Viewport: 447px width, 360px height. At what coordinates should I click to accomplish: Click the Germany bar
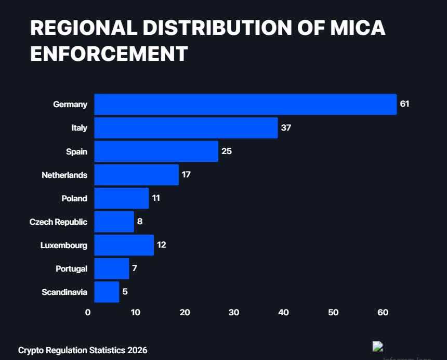245,105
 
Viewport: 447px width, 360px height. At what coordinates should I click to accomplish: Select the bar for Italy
186,128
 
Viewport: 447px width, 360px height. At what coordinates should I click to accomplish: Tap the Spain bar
156,151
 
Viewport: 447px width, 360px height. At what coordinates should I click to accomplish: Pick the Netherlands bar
136,175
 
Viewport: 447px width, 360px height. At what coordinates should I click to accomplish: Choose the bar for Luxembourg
124,245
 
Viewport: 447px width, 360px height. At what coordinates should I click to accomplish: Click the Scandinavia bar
107,292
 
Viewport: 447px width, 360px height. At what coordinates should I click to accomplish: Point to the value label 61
404,104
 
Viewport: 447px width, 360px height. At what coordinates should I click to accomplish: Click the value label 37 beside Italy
286,128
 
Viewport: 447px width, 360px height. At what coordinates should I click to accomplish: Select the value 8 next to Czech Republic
140,222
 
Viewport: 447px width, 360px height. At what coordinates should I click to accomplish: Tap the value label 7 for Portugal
135,268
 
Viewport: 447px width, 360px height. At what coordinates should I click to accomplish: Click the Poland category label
74,198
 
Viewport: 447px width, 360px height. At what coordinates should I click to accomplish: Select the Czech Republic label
58,222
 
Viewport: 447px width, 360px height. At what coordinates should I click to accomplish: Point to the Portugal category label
71,268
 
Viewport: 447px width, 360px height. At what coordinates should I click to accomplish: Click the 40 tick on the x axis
283,313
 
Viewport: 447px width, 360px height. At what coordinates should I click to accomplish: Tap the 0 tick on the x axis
88,313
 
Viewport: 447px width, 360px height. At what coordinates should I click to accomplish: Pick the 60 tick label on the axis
383,313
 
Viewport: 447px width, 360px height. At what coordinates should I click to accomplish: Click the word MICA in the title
358,28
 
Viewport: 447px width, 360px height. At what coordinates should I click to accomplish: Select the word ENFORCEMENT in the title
109,54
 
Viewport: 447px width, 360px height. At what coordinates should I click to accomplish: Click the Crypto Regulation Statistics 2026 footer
83,350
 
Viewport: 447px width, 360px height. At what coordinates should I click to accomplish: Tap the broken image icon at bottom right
378,346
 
